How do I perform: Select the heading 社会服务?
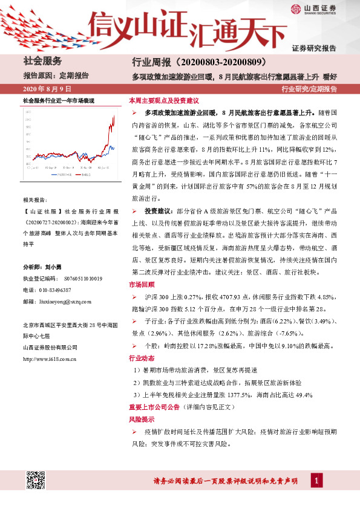tap(43, 61)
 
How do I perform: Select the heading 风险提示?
tap(141, 418)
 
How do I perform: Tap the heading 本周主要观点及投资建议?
tap(163, 101)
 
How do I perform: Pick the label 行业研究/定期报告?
tap(309, 89)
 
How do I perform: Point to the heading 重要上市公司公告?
tap(158, 406)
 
